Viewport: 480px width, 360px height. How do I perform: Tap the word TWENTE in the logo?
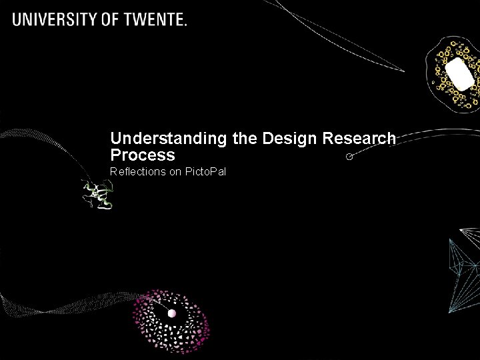157,19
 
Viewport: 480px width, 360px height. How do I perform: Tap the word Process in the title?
143,155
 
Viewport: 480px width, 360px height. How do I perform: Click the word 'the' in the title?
245,139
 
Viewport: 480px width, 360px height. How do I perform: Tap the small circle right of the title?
349,157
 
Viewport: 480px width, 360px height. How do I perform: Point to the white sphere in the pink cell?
171,313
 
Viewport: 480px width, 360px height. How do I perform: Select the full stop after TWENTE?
185,25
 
